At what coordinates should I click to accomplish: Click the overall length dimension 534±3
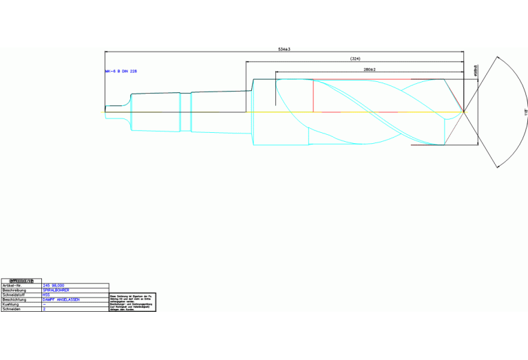point(284,50)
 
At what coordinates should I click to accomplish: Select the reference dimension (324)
point(355,59)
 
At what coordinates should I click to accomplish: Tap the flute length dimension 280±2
point(369,70)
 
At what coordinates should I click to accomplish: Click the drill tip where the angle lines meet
point(464,112)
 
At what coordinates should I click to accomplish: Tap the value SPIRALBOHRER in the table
point(56,290)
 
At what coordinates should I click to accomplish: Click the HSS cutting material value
point(46,295)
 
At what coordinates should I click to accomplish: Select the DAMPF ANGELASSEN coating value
point(61,300)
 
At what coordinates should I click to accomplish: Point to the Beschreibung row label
point(16,290)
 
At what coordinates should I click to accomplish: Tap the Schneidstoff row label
point(14,295)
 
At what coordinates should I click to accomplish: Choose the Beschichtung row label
point(16,300)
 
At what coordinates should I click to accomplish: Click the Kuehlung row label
point(12,305)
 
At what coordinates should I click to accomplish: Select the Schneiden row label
point(12,310)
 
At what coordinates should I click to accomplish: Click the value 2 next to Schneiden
point(44,310)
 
